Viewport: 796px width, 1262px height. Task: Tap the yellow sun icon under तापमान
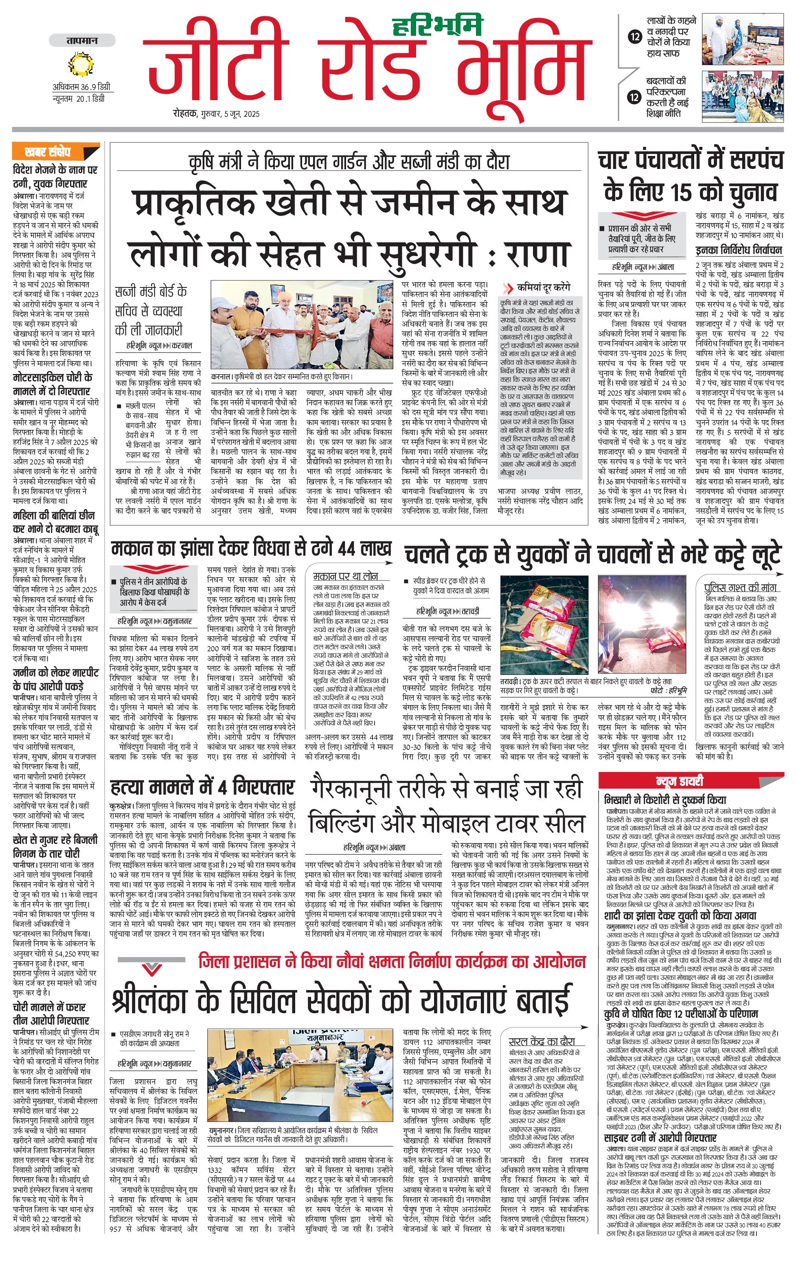pos(81,64)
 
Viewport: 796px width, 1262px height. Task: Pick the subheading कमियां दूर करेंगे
pos(544,288)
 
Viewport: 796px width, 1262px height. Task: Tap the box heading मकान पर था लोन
pos(345,576)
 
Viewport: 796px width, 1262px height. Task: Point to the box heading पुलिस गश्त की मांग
pos(739,587)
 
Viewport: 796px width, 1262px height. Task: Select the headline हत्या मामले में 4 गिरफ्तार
pos(202,787)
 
